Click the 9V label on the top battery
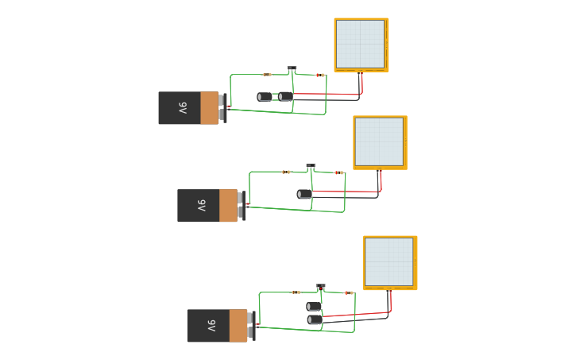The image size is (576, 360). [182, 108]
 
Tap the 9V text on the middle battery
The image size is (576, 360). [201, 206]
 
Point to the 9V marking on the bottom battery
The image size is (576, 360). [211, 326]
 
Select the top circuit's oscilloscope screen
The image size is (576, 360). [361, 45]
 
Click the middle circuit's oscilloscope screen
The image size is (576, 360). [380, 142]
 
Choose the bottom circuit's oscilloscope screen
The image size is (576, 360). [389, 262]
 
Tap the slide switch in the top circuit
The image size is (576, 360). [292, 69]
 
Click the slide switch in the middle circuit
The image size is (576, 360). [311, 167]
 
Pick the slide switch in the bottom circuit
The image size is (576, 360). [321, 287]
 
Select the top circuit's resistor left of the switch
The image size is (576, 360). [267, 75]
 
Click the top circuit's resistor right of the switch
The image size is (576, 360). [319, 75]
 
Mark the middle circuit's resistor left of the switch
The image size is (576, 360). [286, 172]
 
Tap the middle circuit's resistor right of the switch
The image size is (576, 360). [339, 172]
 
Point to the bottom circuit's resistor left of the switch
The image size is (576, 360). [296, 292]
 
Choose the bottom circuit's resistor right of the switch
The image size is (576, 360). [349, 293]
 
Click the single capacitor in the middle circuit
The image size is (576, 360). [304, 194]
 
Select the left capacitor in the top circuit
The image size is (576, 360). [265, 97]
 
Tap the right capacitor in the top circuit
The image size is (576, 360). [285, 97]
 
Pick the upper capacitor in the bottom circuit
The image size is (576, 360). [314, 306]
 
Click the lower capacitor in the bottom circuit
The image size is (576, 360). [315, 319]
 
